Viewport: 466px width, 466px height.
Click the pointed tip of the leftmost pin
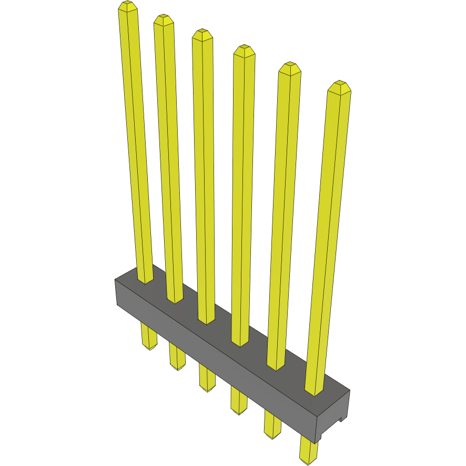tap(128, 6)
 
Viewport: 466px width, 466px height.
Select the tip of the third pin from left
tap(202, 34)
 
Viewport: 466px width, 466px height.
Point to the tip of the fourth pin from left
tap(244, 50)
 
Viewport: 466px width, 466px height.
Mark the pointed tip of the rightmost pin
tap(339, 86)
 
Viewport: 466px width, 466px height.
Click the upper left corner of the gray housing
tap(116, 280)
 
